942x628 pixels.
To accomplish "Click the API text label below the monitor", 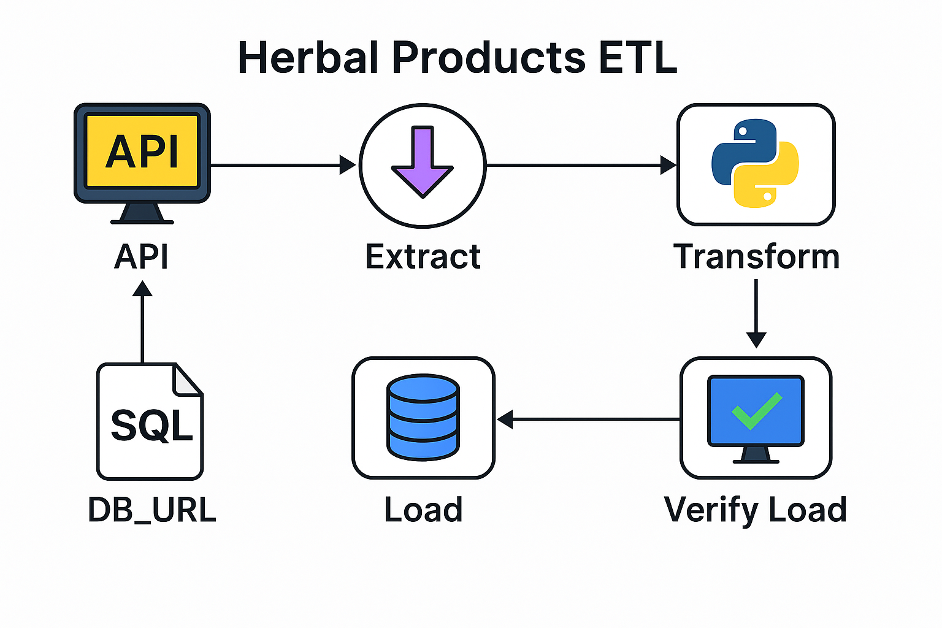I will point(141,256).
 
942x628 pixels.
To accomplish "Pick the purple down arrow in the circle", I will point(423,161).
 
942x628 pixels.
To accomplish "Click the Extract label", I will point(423,256).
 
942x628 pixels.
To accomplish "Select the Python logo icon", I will point(755,163).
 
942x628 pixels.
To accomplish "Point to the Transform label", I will point(756,256).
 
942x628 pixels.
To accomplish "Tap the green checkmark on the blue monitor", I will point(756,410).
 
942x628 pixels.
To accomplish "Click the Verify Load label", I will point(756,510).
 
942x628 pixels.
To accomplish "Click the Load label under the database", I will point(423,510).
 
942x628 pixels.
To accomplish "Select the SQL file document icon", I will point(150,422).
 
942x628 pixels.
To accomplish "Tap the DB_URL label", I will point(152,510).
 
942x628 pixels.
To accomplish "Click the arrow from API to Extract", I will point(282,165).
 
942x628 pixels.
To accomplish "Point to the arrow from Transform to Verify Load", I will point(756,313).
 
